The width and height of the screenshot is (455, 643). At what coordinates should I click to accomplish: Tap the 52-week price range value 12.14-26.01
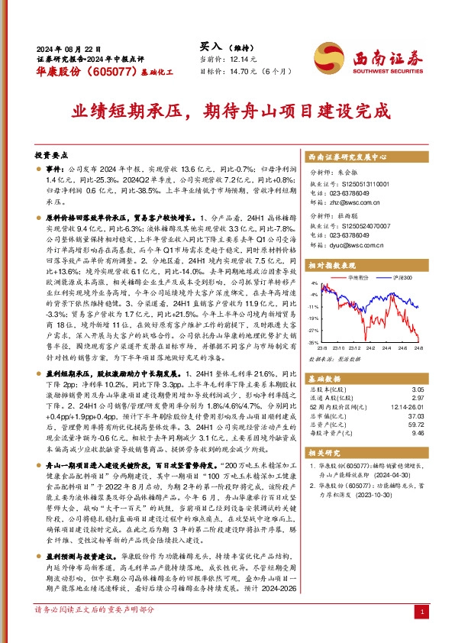[405, 408]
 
